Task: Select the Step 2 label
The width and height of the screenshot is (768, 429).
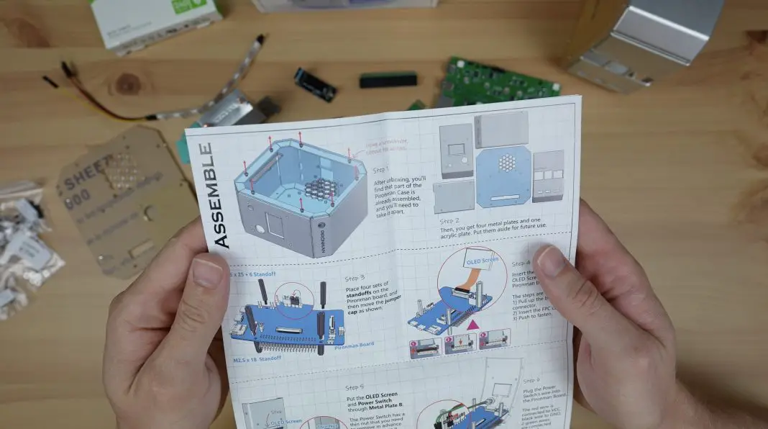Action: click(x=450, y=221)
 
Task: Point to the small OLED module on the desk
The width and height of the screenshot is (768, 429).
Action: click(x=315, y=84)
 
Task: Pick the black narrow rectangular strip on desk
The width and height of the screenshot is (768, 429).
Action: click(x=388, y=80)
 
